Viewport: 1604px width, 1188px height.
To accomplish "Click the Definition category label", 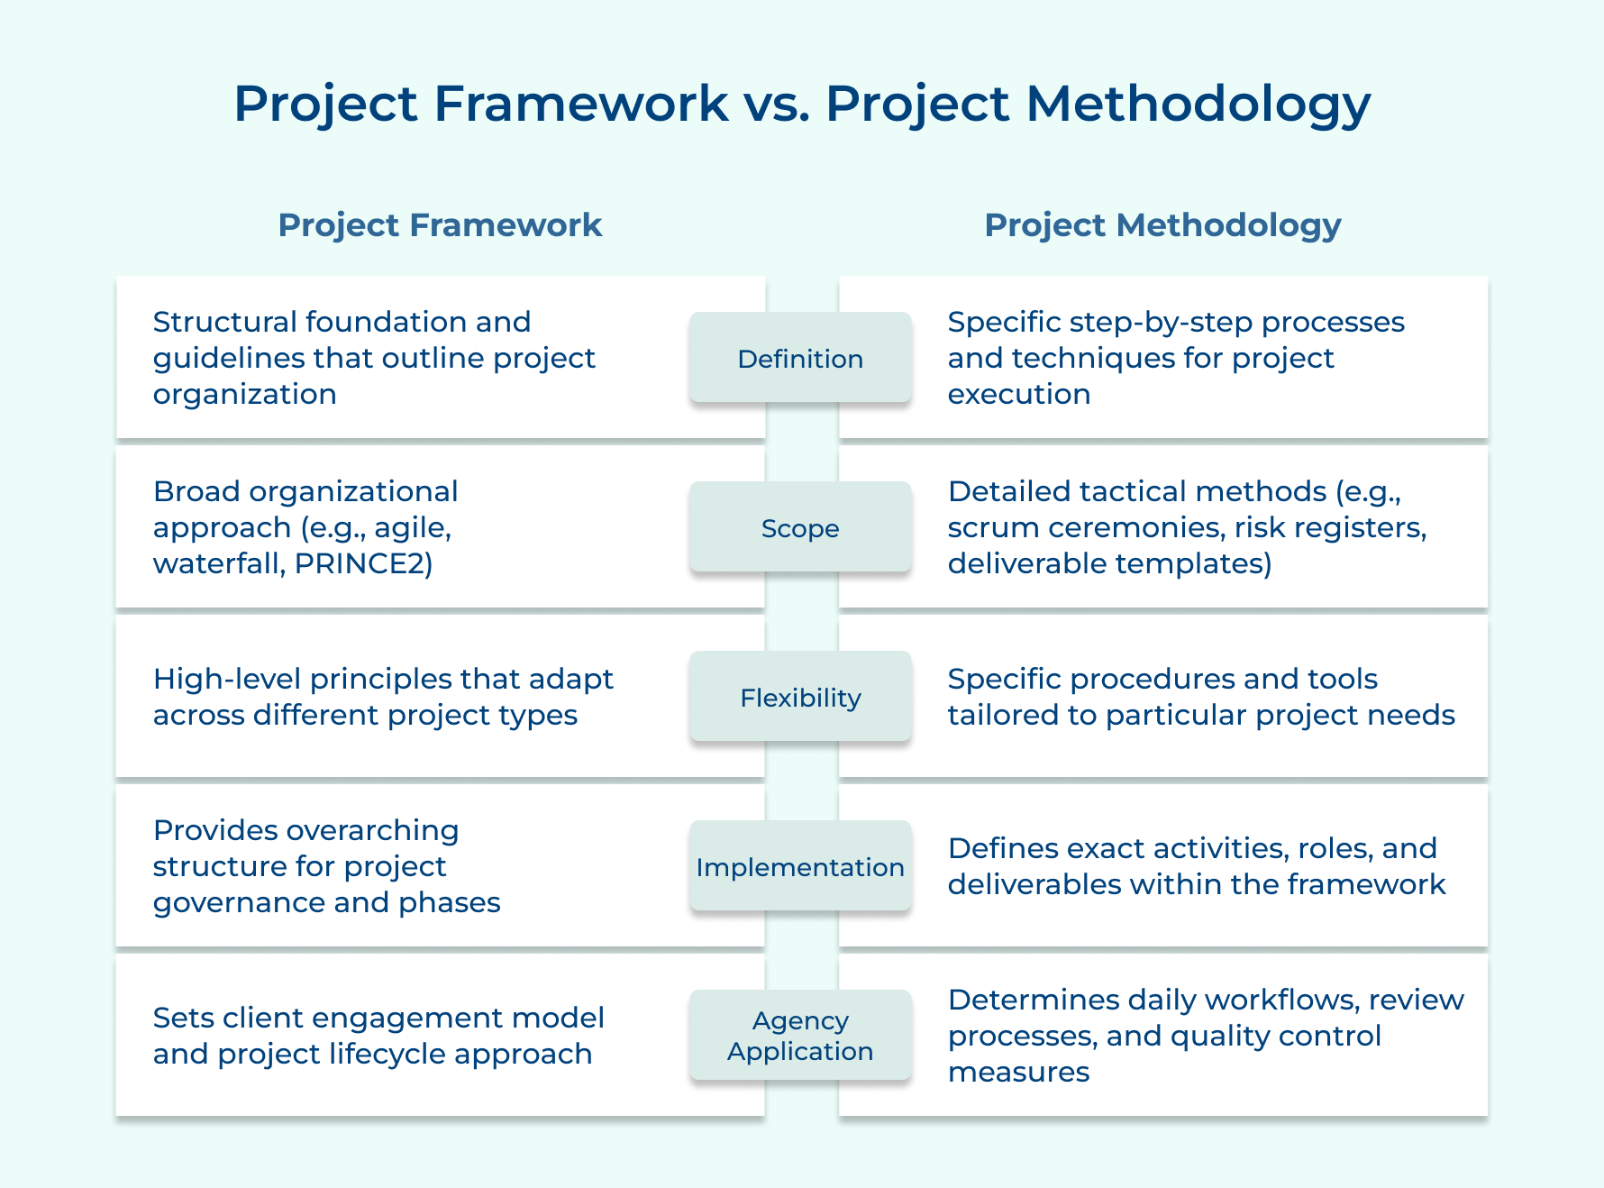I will click(800, 359).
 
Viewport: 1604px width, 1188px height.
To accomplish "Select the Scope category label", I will click(800, 528).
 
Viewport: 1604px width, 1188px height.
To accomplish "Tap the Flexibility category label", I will click(800, 698).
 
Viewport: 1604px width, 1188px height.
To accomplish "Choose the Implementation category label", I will click(800, 867).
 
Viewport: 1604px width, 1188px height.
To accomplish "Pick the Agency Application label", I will click(800, 1036).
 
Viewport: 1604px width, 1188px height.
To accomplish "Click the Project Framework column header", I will click(440, 225).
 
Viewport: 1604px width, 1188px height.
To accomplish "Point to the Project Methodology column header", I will click(1162, 225).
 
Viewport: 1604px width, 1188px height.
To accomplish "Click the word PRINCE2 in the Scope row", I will click(363, 563).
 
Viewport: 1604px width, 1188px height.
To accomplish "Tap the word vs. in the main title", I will click(777, 104).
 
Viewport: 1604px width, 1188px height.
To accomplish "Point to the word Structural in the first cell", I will click(224, 322).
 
